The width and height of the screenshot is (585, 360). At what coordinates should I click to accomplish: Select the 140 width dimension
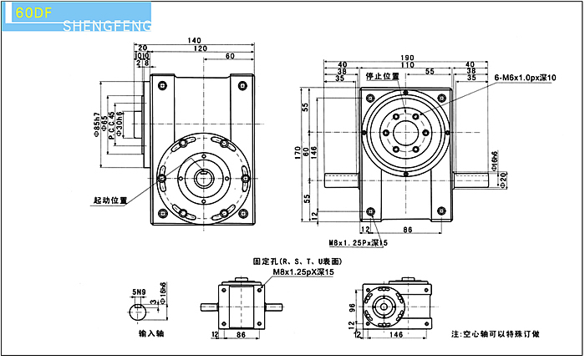(194, 40)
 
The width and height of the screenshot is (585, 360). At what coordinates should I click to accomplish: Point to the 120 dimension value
(201, 48)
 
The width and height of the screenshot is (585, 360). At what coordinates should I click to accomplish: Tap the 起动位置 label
(110, 200)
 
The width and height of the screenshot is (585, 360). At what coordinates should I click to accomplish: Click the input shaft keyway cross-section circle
(140, 312)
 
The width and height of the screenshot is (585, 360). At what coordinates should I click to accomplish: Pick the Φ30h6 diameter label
(120, 126)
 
